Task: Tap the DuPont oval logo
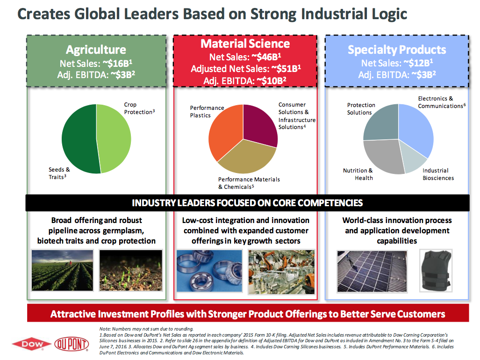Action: point(72,345)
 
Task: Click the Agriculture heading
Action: point(96,50)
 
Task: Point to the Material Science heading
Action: point(245,44)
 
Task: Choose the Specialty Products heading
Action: point(397,50)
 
